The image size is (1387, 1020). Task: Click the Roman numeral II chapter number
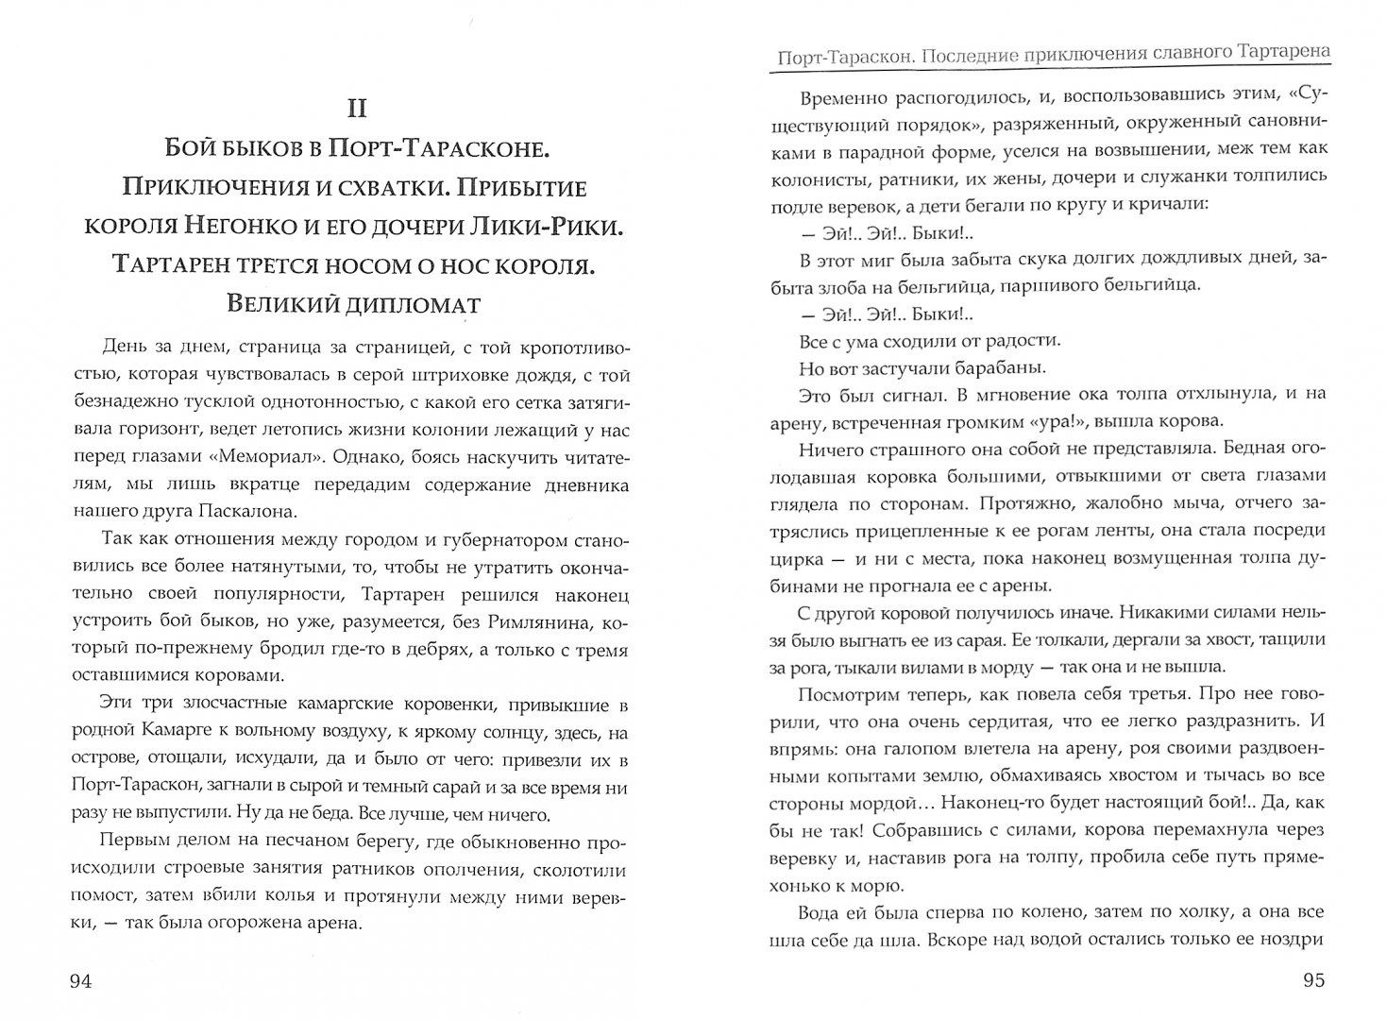point(356,109)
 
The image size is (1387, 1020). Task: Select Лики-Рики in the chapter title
point(539,228)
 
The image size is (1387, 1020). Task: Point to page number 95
point(1313,981)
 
